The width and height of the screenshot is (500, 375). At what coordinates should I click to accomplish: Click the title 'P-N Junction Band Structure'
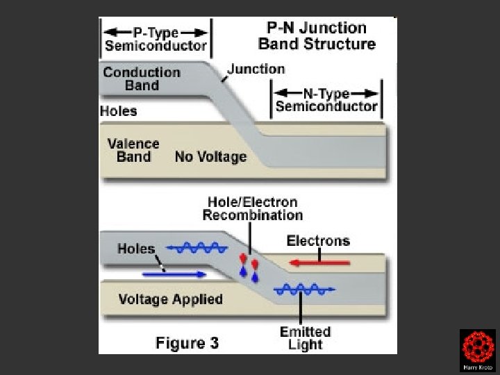click(317, 36)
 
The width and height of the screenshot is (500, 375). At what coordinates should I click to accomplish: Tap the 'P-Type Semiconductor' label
click(156, 40)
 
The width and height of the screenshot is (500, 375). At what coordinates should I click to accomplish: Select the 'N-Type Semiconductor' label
click(326, 100)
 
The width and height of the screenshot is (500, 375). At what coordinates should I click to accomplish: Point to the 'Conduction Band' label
click(142, 78)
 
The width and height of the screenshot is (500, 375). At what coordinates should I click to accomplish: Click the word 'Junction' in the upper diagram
click(256, 69)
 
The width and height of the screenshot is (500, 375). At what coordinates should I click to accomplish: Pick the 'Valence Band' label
click(133, 150)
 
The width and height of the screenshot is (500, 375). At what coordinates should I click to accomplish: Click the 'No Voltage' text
click(210, 157)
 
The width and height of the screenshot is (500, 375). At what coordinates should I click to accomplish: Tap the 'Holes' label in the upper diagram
click(119, 111)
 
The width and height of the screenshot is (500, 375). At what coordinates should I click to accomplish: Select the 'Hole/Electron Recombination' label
click(253, 208)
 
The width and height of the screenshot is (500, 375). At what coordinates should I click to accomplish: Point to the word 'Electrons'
click(318, 241)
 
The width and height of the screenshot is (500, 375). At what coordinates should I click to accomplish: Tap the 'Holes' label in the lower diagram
click(137, 249)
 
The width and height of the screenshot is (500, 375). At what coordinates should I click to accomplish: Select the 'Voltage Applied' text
click(170, 299)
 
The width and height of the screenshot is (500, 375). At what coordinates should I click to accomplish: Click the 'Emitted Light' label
click(305, 337)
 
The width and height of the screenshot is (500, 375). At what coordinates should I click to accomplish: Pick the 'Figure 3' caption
click(187, 342)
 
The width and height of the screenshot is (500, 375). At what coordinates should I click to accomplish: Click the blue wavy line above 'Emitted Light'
click(303, 289)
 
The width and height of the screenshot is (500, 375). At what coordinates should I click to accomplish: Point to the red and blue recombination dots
click(249, 267)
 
